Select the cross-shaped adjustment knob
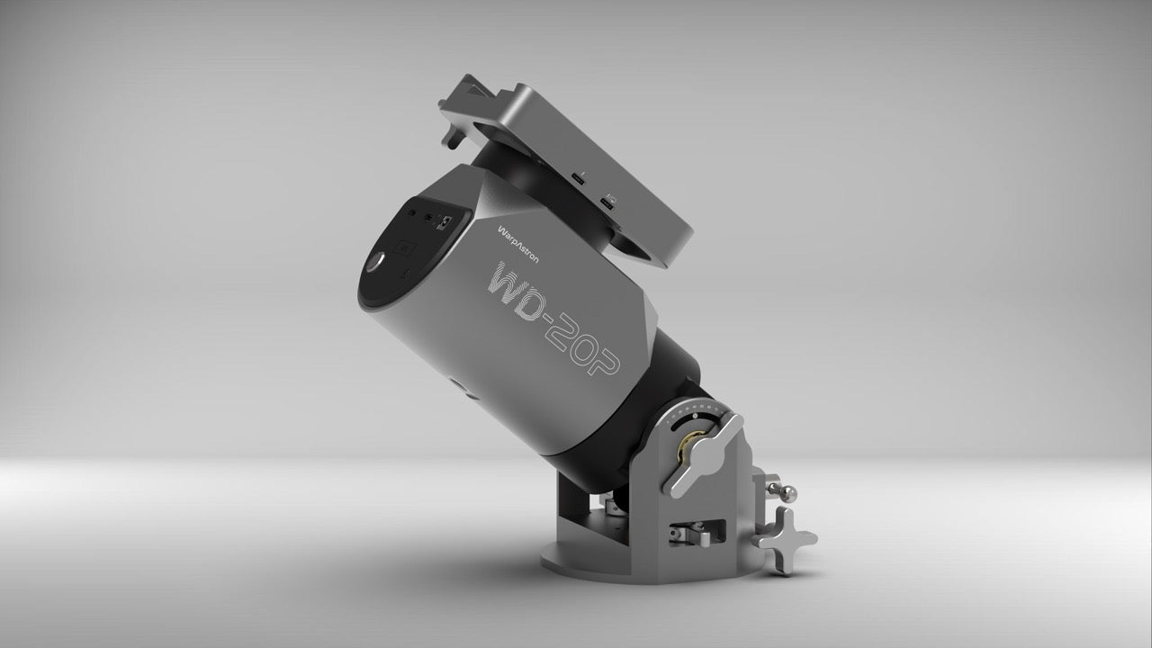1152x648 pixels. [786, 539]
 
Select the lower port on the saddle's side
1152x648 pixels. [611, 205]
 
